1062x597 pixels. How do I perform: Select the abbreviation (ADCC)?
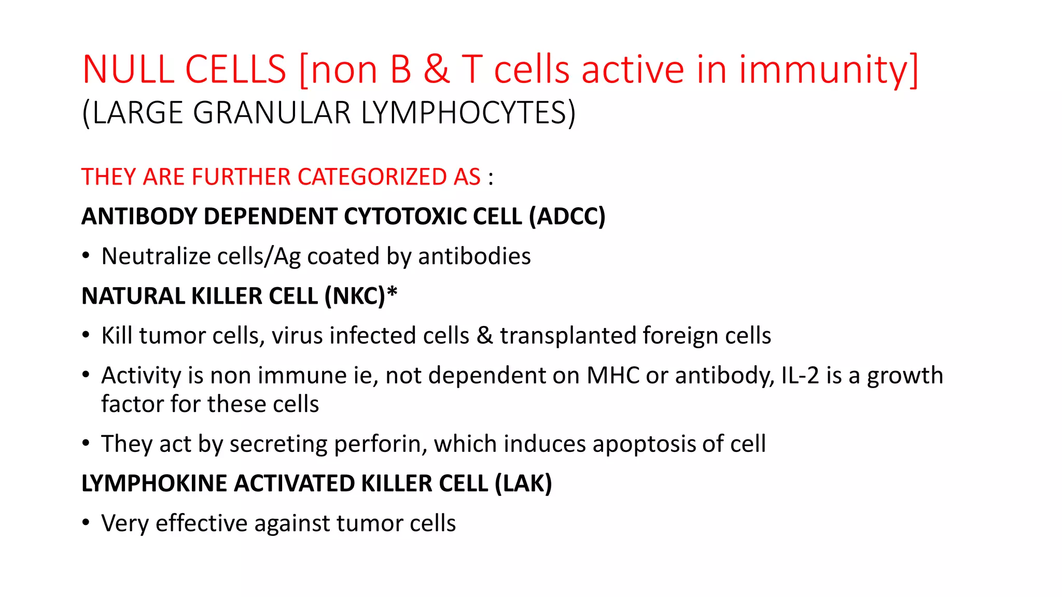point(567,216)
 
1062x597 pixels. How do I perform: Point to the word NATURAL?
point(133,296)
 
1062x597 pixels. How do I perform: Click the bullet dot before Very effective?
point(86,522)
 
